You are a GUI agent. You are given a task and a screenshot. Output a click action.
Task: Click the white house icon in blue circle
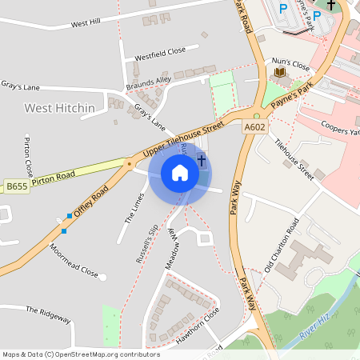pos(180,173)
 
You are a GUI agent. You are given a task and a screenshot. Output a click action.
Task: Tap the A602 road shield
pos(254,126)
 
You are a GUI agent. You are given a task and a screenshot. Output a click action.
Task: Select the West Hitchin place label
pos(59,108)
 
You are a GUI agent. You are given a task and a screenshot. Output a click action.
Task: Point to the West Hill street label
pos(86,24)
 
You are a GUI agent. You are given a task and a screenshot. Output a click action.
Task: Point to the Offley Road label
pos(90,202)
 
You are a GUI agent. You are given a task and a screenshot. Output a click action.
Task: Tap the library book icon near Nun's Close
pos(280,73)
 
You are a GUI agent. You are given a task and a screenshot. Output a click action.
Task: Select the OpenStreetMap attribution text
pos(80,354)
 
